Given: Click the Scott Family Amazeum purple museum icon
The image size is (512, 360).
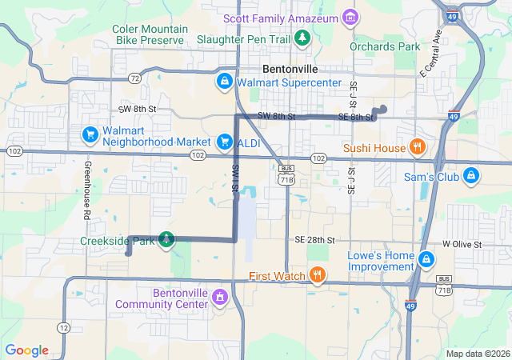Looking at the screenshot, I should (350, 17).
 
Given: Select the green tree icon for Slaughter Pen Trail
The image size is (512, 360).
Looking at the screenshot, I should (302, 37).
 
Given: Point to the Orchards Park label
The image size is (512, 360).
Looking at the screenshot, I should (385, 46).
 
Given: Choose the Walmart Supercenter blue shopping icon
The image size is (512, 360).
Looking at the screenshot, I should (226, 82).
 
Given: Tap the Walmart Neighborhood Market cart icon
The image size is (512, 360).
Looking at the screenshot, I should (90, 133).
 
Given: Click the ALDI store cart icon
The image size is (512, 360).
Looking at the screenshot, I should (225, 142).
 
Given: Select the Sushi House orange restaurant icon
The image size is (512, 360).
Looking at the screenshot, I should (417, 147).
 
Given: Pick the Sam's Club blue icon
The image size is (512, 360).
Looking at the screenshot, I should (471, 175).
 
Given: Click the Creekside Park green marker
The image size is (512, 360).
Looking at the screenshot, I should (166, 238).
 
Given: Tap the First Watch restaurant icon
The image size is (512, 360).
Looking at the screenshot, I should (318, 276).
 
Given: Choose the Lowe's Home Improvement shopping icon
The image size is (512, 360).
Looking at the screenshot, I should (427, 259).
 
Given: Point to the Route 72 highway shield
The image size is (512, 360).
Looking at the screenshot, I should (134, 78).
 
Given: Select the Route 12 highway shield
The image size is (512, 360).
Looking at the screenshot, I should (62, 328).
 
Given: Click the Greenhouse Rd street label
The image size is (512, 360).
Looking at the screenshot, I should (86, 192).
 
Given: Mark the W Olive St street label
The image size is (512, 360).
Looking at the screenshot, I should (462, 243).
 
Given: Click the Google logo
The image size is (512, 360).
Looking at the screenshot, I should (26, 350).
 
